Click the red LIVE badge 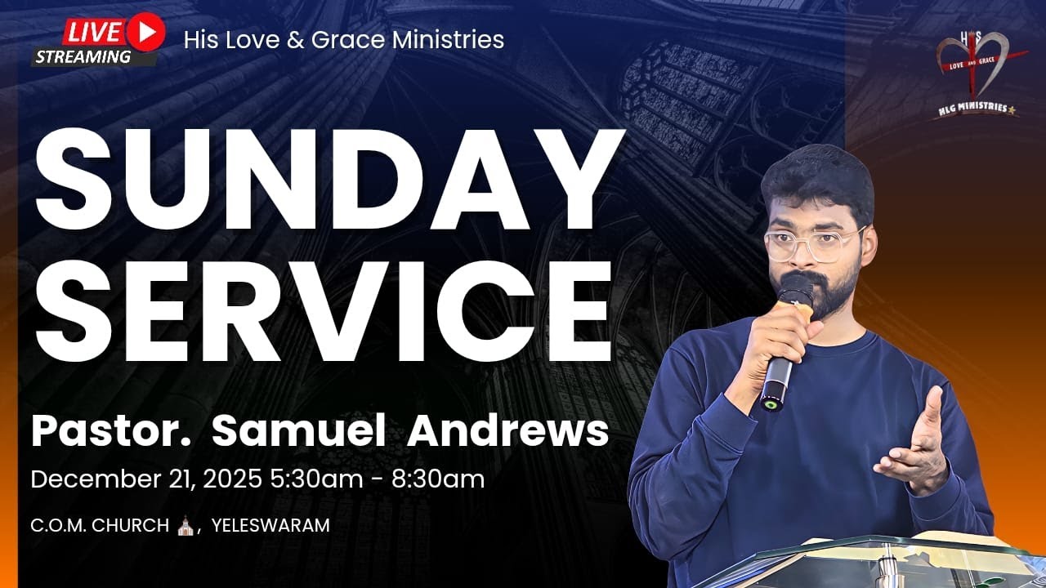[92, 32]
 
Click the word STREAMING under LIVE [83, 56]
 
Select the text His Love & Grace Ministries [343, 39]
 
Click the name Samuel [297, 431]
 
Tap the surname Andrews [507, 431]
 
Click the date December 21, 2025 [147, 479]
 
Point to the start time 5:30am [315, 479]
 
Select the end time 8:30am [439, 479]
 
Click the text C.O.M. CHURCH [99, 526]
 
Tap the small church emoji [186, 525]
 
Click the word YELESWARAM [270, 526]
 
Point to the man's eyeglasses [813, 243]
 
